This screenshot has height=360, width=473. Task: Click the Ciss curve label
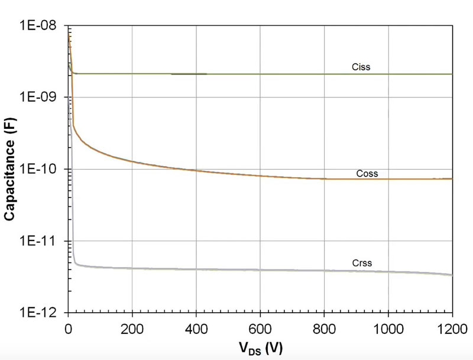(360, 67)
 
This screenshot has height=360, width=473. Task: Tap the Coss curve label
(367, 174)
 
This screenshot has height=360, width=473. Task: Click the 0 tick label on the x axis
(69, 326)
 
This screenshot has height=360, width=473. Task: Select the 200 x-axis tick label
(132, 326)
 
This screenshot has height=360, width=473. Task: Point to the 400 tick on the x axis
(196, 326)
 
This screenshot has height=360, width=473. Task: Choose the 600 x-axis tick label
(260, 326)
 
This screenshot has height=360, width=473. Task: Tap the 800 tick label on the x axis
(324, 326)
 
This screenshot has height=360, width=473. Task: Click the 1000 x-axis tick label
(388, 326)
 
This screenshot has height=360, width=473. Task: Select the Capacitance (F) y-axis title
(11, 168)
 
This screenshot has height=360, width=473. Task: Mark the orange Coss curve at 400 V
(196, 170)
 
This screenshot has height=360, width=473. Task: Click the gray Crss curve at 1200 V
(451, 274)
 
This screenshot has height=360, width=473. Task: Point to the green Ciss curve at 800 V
(324, 74)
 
